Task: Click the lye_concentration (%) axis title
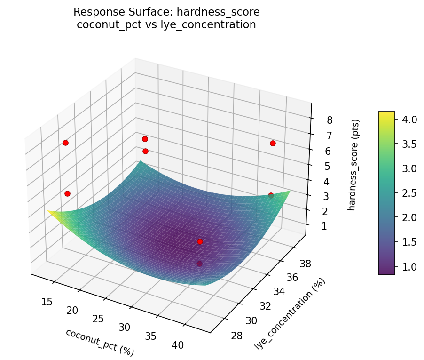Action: (290, 313)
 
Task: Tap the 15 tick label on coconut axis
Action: (47, 301)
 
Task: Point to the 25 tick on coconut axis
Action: (98, 319)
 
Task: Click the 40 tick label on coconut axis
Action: (178, 345)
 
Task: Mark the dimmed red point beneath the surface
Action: (199, 264)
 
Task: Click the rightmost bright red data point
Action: (273, 143)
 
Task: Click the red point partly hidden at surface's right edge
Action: (271, 195)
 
